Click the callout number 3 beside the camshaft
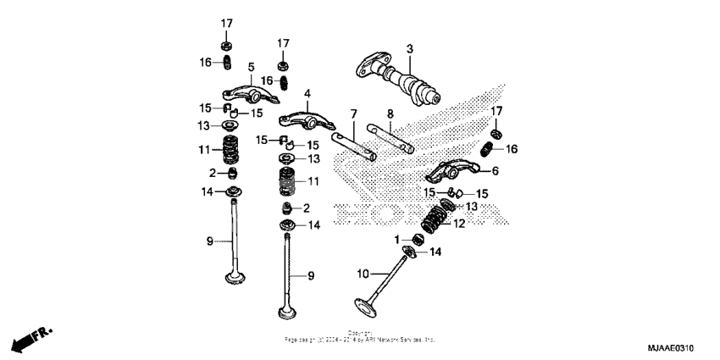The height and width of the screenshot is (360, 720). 408,50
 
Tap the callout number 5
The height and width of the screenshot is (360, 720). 251,66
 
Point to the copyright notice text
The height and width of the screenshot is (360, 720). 360,336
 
